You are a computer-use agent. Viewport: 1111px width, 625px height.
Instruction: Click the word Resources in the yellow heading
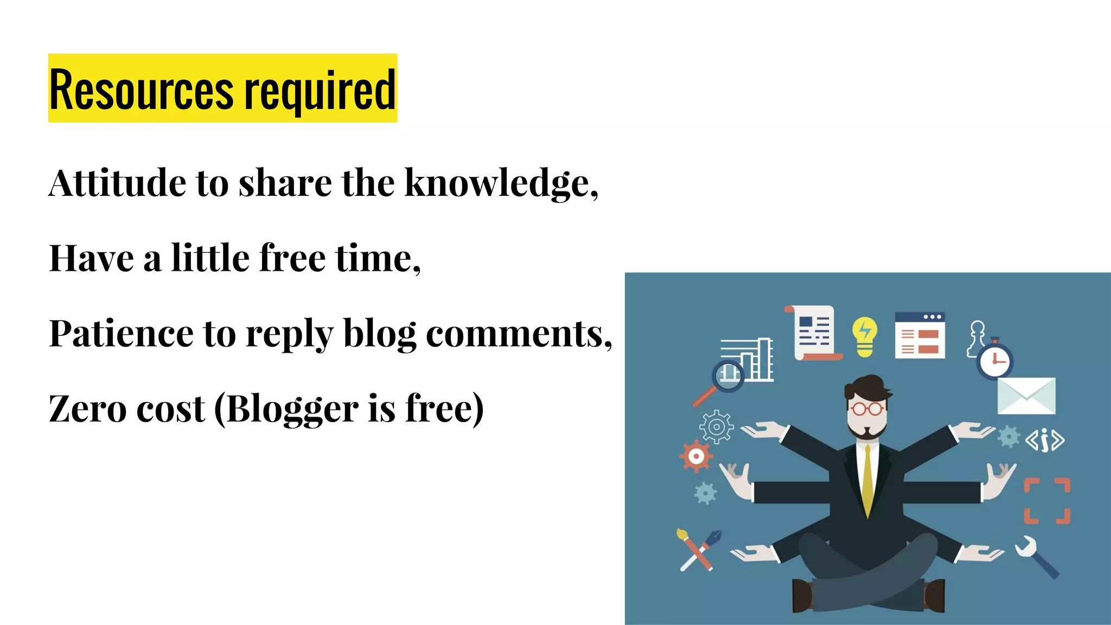142,90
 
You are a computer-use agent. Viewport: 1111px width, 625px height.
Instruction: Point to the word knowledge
499,184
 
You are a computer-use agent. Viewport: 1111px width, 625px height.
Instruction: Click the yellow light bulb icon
864,336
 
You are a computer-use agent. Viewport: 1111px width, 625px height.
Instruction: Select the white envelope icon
1026,396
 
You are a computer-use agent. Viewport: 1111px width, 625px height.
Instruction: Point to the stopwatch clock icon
995,360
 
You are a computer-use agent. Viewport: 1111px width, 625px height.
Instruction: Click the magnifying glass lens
727,374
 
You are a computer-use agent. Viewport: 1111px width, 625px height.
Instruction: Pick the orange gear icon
696,456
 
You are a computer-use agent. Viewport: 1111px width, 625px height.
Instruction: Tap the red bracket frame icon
1046,501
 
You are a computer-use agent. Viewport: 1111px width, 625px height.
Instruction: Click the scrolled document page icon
814,333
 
